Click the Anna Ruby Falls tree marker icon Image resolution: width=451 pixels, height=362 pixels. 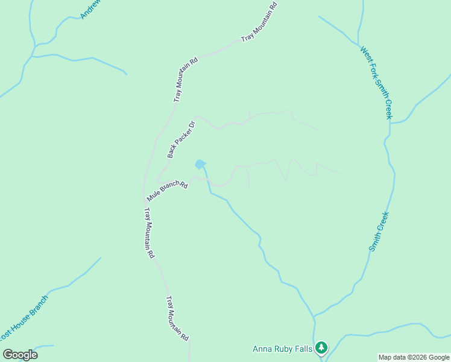tap(321, 347)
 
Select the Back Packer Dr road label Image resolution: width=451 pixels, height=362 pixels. tap(182, 139)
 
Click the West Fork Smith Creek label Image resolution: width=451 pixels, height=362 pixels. tap(376, 82)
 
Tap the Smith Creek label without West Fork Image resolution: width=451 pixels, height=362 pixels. tap(380, 232)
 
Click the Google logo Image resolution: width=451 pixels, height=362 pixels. tap(20, 355)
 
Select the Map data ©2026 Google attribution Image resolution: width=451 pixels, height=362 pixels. tap(414, 357)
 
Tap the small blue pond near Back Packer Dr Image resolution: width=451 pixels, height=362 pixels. tap(200, 164)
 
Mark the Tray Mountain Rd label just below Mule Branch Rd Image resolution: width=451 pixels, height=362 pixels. tap(150, 233)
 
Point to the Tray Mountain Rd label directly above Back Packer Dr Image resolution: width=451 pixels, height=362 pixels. tap(186, 80)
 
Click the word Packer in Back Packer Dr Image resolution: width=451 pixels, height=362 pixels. tap(183, 138)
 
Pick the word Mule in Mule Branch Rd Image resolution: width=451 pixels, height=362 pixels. tap(153, 197)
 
